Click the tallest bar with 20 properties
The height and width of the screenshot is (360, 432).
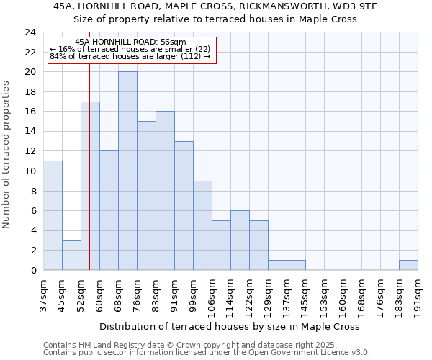tap(127, 171)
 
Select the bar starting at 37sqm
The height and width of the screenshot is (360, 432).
tap(53, 215)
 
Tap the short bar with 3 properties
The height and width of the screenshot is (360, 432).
tap(71, 255)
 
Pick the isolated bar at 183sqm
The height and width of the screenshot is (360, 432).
tap(408, 265)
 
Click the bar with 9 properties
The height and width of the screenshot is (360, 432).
tap(202, 225)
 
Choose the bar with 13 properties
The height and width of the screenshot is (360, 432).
tap(184, 205)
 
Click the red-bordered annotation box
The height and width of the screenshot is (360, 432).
tap(132, 50)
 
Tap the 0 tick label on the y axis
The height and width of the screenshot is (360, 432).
tap(33, 271)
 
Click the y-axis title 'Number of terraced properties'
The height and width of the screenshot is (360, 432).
tap(7, 154)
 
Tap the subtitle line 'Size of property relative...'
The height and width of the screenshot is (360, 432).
tap(215, 19)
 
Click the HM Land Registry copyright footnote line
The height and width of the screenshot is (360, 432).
tap(205, 345)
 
